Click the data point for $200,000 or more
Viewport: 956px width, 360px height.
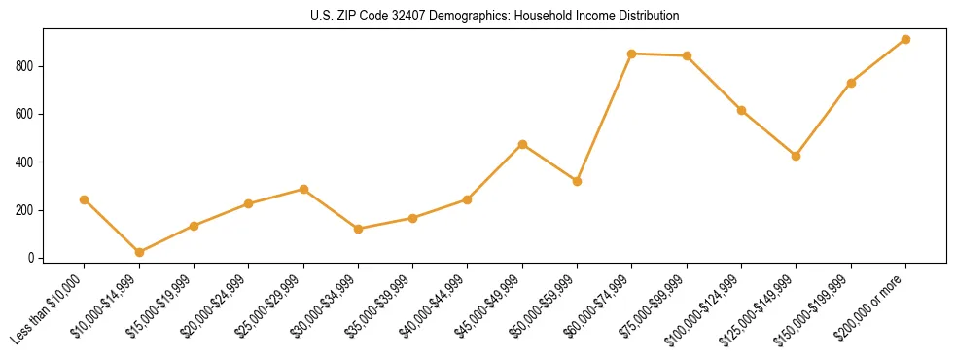click(x=905, y=40)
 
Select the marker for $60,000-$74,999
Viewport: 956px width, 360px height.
click(x=632, y=54)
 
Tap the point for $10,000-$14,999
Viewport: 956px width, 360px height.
click(x=139, y=252)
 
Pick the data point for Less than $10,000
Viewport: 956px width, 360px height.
click(x=85, y=199)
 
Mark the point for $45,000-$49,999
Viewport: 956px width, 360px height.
click(x=522, y=144)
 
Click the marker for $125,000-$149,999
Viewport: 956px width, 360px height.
click(x=797, y=156)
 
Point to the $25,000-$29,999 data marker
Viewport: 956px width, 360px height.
click(x=303, y=189)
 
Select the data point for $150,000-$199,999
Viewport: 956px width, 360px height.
click(x=851, y=83)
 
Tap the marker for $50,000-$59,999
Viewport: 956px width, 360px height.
click(x=577, y=181)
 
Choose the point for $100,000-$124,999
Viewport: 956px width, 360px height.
click(x=741, y=110)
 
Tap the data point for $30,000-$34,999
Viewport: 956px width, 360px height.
click(x=358, y=229)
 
